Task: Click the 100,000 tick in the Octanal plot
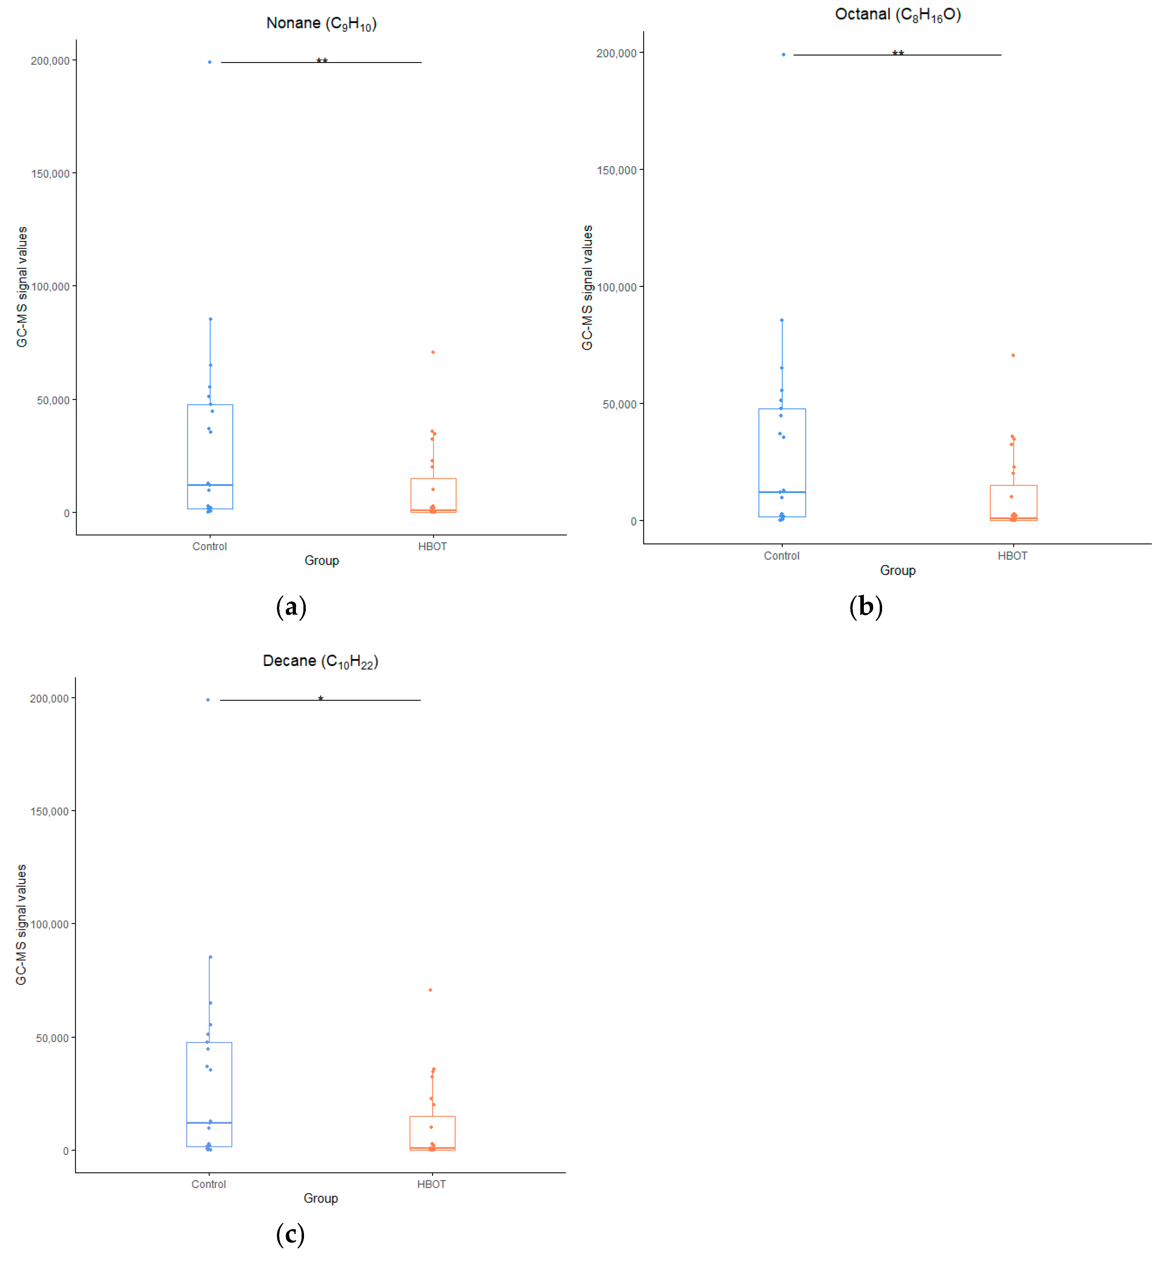(616, 287)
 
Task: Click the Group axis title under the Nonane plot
(321, 560)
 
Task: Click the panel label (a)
(291, 607)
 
